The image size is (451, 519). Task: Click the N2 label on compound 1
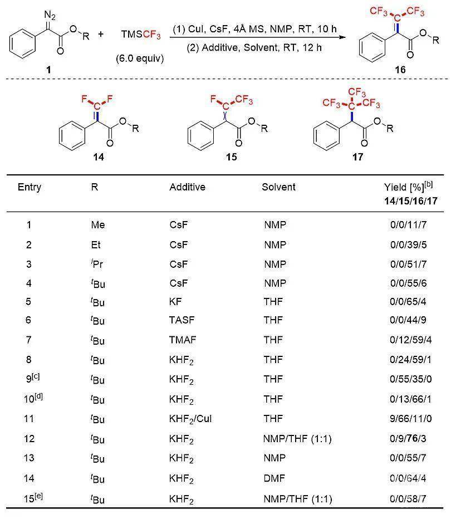tap(50, 15)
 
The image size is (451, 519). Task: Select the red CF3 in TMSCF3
tap(152, 35)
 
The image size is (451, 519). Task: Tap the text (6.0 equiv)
tap(140, 58)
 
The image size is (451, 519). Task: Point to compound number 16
tap(400, 70)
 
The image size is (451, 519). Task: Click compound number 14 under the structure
tap(99, 156)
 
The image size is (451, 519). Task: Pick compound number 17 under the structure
tap(357, 156)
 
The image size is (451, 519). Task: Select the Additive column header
tap(187, 187)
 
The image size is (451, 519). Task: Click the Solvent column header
tap(278, 187)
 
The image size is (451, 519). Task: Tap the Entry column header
tap(30, 187)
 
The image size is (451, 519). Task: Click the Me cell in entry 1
tap(98, 225)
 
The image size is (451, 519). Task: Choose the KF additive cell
tap(175, 301)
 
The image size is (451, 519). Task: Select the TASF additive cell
tap(182, 320)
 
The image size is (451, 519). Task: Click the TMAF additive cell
tap(183, 340)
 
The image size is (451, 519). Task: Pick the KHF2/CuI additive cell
tap(190, 419)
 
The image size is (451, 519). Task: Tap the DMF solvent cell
tap(274, 478)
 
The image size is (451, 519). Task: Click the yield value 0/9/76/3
tap(408, 439)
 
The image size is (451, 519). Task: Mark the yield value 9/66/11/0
tap(410, 419)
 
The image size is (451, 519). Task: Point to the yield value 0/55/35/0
tap(410, 379)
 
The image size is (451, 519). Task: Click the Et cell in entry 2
tap(96, 244)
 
